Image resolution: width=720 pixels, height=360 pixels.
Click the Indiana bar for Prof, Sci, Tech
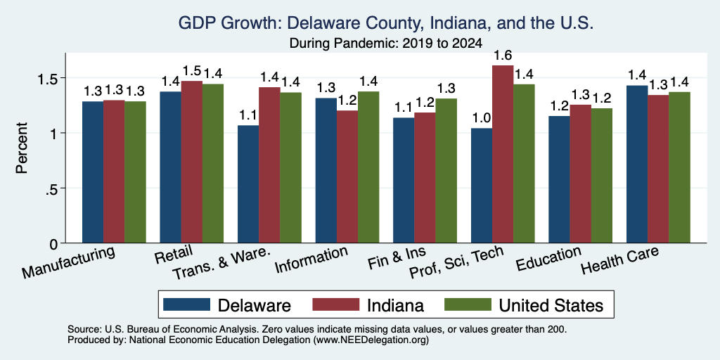(503, 154)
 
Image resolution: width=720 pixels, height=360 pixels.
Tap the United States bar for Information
(368, 167)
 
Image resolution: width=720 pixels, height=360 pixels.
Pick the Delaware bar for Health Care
(637, 165)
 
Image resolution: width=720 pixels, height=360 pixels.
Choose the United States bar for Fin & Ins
(446, 171)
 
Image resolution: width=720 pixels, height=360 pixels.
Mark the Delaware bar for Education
(559, 179)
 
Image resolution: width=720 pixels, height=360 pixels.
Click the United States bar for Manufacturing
(135, 172)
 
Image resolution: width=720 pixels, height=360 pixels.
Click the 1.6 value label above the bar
(503, 56)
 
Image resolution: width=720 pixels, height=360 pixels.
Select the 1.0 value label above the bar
(482, 118)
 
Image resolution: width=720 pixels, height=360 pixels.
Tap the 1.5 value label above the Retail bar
(191, 71)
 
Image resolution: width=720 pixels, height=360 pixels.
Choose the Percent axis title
(22, 148)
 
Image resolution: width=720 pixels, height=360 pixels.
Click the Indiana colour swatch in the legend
(335, 304)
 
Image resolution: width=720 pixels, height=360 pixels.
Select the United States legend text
(551, 305)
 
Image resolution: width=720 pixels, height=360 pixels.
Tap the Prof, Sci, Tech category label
(456, 262)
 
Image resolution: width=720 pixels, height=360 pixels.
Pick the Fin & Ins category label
(397, 258)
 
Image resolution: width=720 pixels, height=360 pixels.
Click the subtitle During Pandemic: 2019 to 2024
(386, 44)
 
